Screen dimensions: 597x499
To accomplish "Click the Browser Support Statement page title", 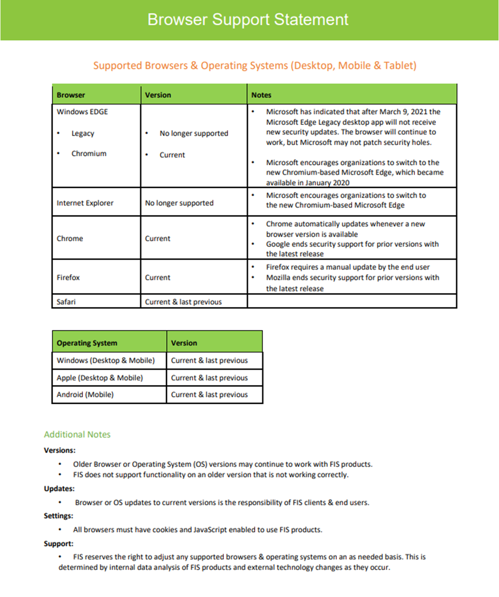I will click(248, 20).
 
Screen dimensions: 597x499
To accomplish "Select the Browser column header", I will click(71, 95).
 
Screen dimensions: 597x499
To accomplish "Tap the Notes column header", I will click(261, 95).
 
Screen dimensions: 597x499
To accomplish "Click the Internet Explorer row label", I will click(85, 203).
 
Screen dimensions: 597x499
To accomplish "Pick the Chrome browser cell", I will click(70, 239).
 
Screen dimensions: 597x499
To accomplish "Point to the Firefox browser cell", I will click(68, 278).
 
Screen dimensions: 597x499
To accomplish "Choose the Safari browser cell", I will click(66, 302).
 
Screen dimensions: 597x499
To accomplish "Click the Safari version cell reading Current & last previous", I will click(183, 302).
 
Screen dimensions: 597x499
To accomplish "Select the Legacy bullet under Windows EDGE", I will click(83, 133).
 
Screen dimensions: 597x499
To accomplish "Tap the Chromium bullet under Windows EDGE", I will click(89, 153).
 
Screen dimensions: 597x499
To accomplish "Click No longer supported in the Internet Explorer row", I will click(179, 203).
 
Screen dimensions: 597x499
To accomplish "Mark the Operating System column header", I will click(87, 343).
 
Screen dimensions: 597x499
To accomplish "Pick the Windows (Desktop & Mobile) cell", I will click(106, 360).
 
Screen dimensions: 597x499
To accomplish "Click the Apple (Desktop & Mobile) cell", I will click(99, 378).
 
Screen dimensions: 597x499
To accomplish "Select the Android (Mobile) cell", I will click(85, 395).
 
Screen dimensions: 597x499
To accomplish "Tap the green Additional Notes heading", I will click(77, 434).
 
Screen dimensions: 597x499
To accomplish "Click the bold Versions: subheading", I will click(60, 451).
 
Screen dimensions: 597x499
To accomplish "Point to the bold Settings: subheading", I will click(58, 516).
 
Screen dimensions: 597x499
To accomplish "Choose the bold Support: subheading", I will click(58, 544).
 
